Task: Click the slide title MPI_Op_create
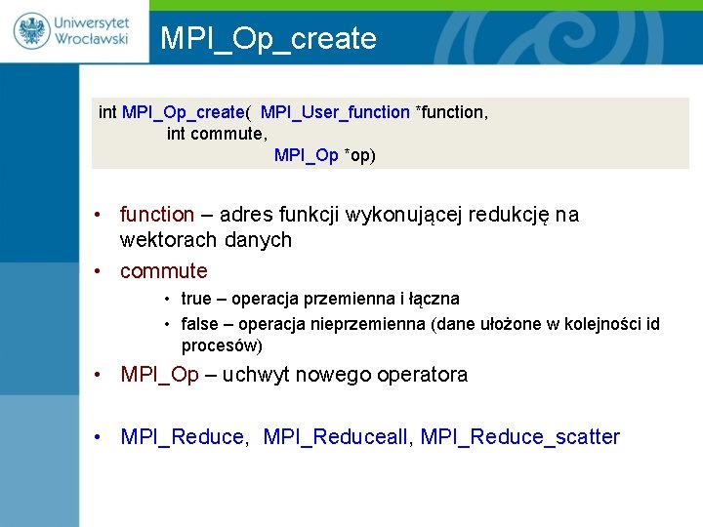click(268, 38)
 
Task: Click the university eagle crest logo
click(31, 30)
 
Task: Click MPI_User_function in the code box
click(335, 112)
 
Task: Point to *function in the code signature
click(451, 112)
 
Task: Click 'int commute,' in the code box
click(217, 134)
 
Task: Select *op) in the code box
click(359, 155)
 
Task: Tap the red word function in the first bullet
click(157, 215)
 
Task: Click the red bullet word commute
click(163, 271)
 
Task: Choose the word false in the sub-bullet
click(199, 324)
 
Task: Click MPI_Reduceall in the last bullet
click(338, 437)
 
